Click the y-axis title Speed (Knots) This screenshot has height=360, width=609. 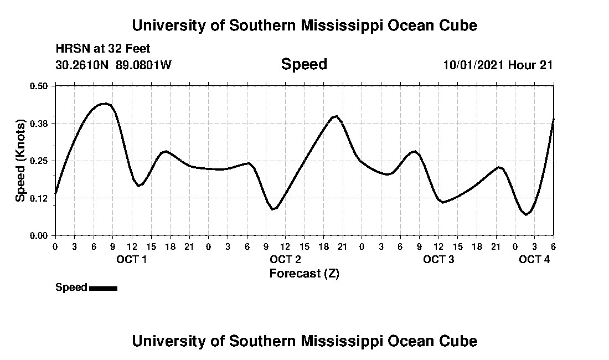click(x=20, y=161)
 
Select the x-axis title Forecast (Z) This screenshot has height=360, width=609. click(x=304, y=274)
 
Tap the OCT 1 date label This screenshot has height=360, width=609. click(x=131, y=259)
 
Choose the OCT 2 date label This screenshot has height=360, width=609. click(x=285, y=259)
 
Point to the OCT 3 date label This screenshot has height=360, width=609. click(x=438, y=259)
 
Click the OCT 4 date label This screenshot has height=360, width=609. click(x=534, y=259)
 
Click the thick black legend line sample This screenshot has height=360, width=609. click(x=103, y=288)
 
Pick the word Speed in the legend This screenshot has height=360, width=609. click(x=71, y=287)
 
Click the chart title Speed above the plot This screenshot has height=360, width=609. click(x=304, y=64)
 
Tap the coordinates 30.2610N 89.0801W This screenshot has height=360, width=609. click(x=113, y=65)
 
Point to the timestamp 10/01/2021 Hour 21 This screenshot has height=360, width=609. click(x=498, y=65)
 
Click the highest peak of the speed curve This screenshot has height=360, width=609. click(x=104, y=104)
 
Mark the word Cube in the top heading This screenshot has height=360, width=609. click(x=458, y=25)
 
